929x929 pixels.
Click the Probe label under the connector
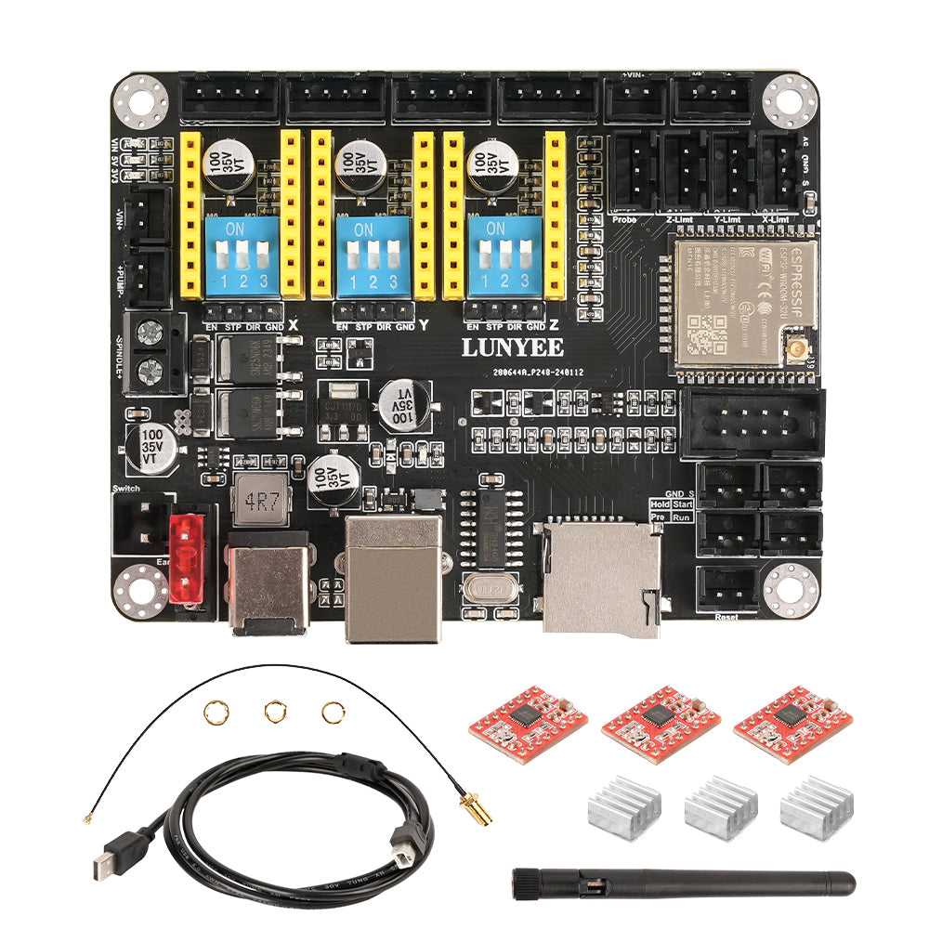[625, 219]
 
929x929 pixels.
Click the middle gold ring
[273, 712]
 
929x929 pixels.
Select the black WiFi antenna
[683, 883]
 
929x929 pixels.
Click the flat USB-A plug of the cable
[104, 865]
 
